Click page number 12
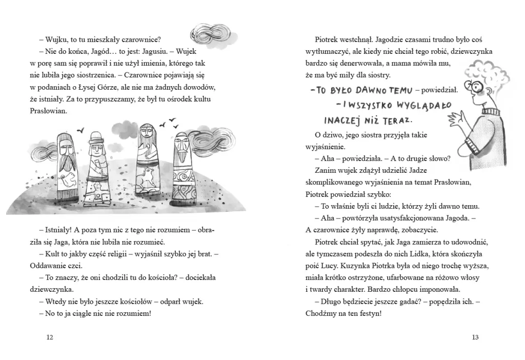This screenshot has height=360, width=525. pos(49,337)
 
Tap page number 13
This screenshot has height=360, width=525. pos(475,337)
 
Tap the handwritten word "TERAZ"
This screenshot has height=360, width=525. pos(397,121)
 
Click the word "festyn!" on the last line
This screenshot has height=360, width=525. pos(368,313)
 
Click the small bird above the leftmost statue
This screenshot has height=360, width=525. pos(80,131)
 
